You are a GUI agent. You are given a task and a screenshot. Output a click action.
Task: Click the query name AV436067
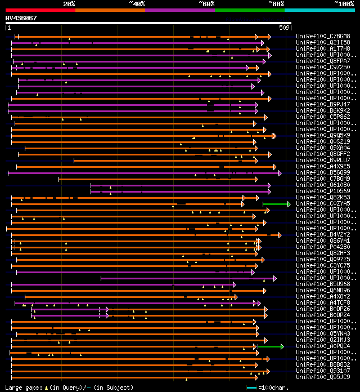(21, 18)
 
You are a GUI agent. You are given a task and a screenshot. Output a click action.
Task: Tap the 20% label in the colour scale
(69, 3)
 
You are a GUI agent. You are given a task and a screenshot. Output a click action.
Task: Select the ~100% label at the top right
(344, 3)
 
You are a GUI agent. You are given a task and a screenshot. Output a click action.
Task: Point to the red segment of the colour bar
(40, 10)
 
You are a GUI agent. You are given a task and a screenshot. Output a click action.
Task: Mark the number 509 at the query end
(284, 27)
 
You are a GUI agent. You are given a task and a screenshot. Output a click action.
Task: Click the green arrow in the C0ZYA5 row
(276, 204)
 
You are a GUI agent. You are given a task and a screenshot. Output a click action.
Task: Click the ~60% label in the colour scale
(206, 3)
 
